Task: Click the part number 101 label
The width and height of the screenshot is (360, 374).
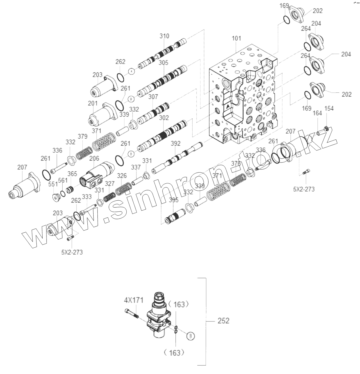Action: coord(236,38)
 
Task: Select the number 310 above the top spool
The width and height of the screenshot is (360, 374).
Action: coord(164,36)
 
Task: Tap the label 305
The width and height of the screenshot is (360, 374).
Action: coord(163,63)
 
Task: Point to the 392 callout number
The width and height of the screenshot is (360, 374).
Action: coord(176,144)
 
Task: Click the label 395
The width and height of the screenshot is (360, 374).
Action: coord(173,200)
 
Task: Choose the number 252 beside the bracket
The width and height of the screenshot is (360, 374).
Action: coord(223,321)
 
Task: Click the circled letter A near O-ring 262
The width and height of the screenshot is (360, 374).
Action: coord(132,72)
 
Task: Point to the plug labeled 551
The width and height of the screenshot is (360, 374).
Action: coord(57,197)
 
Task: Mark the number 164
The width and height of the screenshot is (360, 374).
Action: coord(317,113)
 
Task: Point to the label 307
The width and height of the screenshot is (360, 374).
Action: coord(153,97)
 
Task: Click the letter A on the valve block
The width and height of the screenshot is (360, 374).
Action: coord(228,106)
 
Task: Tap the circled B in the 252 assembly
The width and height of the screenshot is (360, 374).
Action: coord(190,336)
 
